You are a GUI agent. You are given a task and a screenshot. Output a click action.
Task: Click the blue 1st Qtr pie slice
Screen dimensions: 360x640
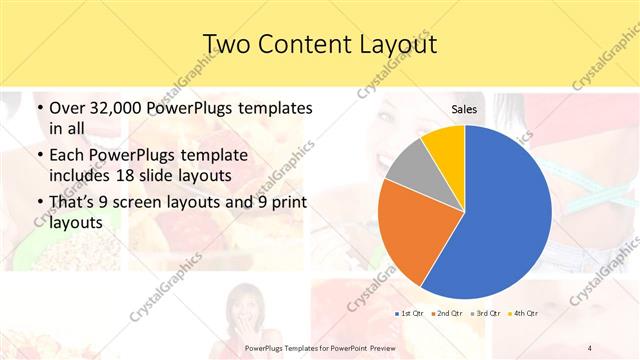click(x=505, y=210)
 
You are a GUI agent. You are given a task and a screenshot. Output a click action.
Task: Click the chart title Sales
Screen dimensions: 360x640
click(x=464, y=109)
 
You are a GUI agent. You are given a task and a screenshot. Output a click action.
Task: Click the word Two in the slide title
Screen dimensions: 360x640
click(x=227, y=44)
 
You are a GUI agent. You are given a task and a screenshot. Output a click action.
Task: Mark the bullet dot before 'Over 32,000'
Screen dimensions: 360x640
click(x=38, y=108)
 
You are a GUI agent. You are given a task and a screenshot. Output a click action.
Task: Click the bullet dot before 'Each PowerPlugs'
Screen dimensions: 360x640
click(x=38, y=156)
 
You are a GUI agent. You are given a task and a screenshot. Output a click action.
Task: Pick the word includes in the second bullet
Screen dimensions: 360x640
click(x=84, y=176)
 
